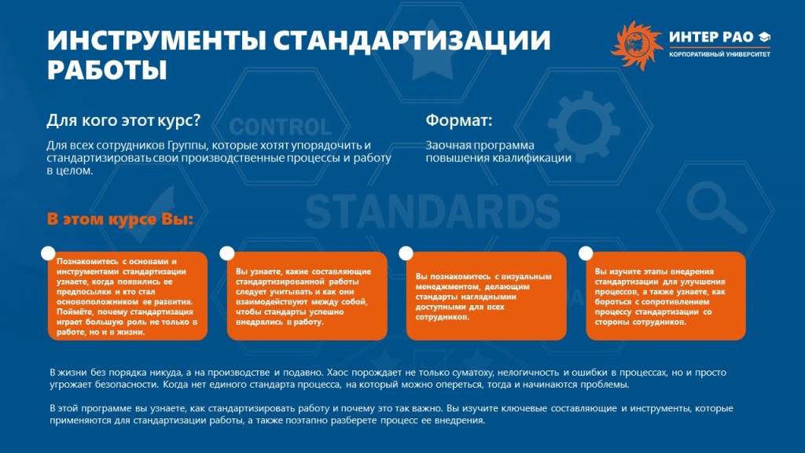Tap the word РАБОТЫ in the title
tap(107, 69)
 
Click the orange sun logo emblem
tap(636, 45)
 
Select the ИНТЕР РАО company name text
tap(711, 38)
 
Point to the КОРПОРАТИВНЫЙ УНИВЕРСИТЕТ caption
tap(719, 56)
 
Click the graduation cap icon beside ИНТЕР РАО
tap(765, 38)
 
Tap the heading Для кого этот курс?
tap(123, 121)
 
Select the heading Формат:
tap(458, 121)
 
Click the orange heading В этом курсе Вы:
tap(119, 219)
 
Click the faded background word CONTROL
tap(281, 127)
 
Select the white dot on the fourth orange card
tap(586, 252)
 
